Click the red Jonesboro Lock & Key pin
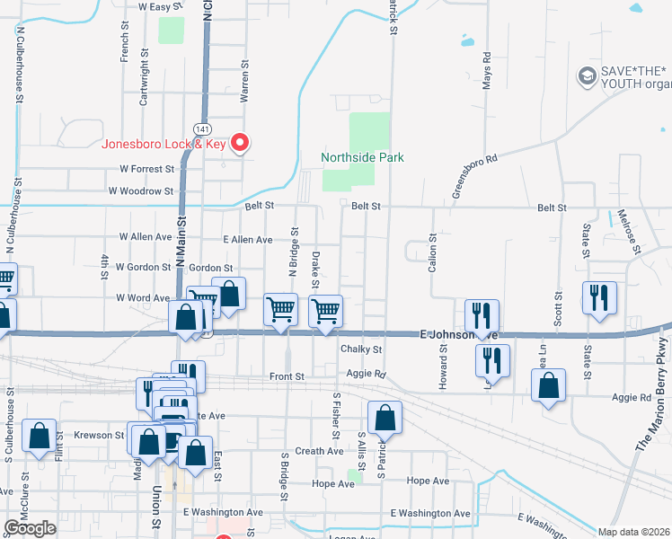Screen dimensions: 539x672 (240, 142)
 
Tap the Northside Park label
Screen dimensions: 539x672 (363, 157)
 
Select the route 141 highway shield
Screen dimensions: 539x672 (204, 129)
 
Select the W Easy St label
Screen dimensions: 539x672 (160, 6)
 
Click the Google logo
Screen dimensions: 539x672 (30, 528)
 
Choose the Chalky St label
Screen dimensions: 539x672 (361, 349)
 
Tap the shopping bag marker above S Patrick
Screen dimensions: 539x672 (385, 418)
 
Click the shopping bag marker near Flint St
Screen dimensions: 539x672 (40, 437)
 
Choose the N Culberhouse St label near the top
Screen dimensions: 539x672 (19, 65)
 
